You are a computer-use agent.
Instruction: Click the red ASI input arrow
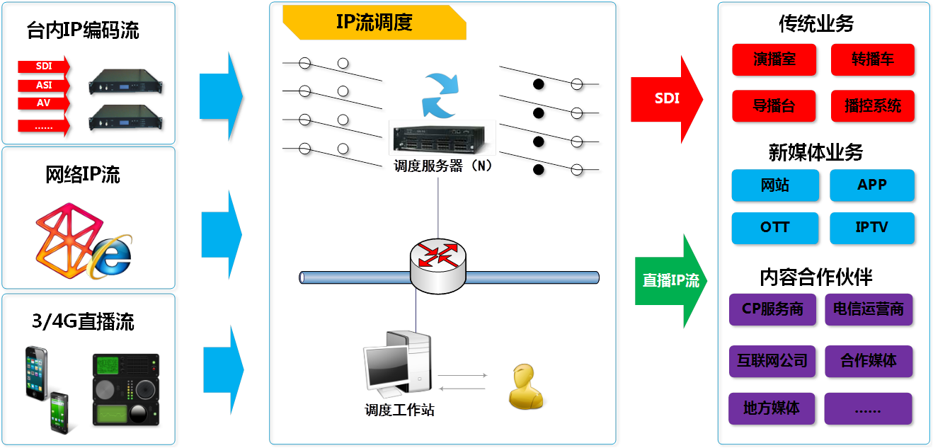[44, 85]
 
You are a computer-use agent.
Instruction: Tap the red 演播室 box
[774, 59]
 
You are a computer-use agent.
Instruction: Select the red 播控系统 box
[873, 105]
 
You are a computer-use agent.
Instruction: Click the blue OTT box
[774, 228]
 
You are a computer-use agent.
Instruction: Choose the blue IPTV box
[872, 228]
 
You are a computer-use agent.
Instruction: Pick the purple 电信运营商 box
[869, 309]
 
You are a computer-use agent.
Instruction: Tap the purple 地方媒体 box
[772, 408]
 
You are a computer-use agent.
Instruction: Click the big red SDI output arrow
[667, 99]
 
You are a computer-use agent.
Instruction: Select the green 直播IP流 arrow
[670, 281]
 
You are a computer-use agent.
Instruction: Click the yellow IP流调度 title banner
[374, 23]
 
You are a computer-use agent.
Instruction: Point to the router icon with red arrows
[437, 266]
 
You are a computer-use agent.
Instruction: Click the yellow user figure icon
[526, 386]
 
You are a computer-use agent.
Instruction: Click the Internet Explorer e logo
[111, 257]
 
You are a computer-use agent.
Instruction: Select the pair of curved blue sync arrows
[440, 96]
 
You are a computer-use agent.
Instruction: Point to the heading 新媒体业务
[815, 152]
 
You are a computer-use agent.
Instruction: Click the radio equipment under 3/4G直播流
[126, 390]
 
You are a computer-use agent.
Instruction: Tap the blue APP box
[872, 185]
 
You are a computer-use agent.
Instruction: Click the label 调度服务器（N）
[443, 166]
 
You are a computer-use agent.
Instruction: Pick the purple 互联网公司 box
[772, 361]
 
